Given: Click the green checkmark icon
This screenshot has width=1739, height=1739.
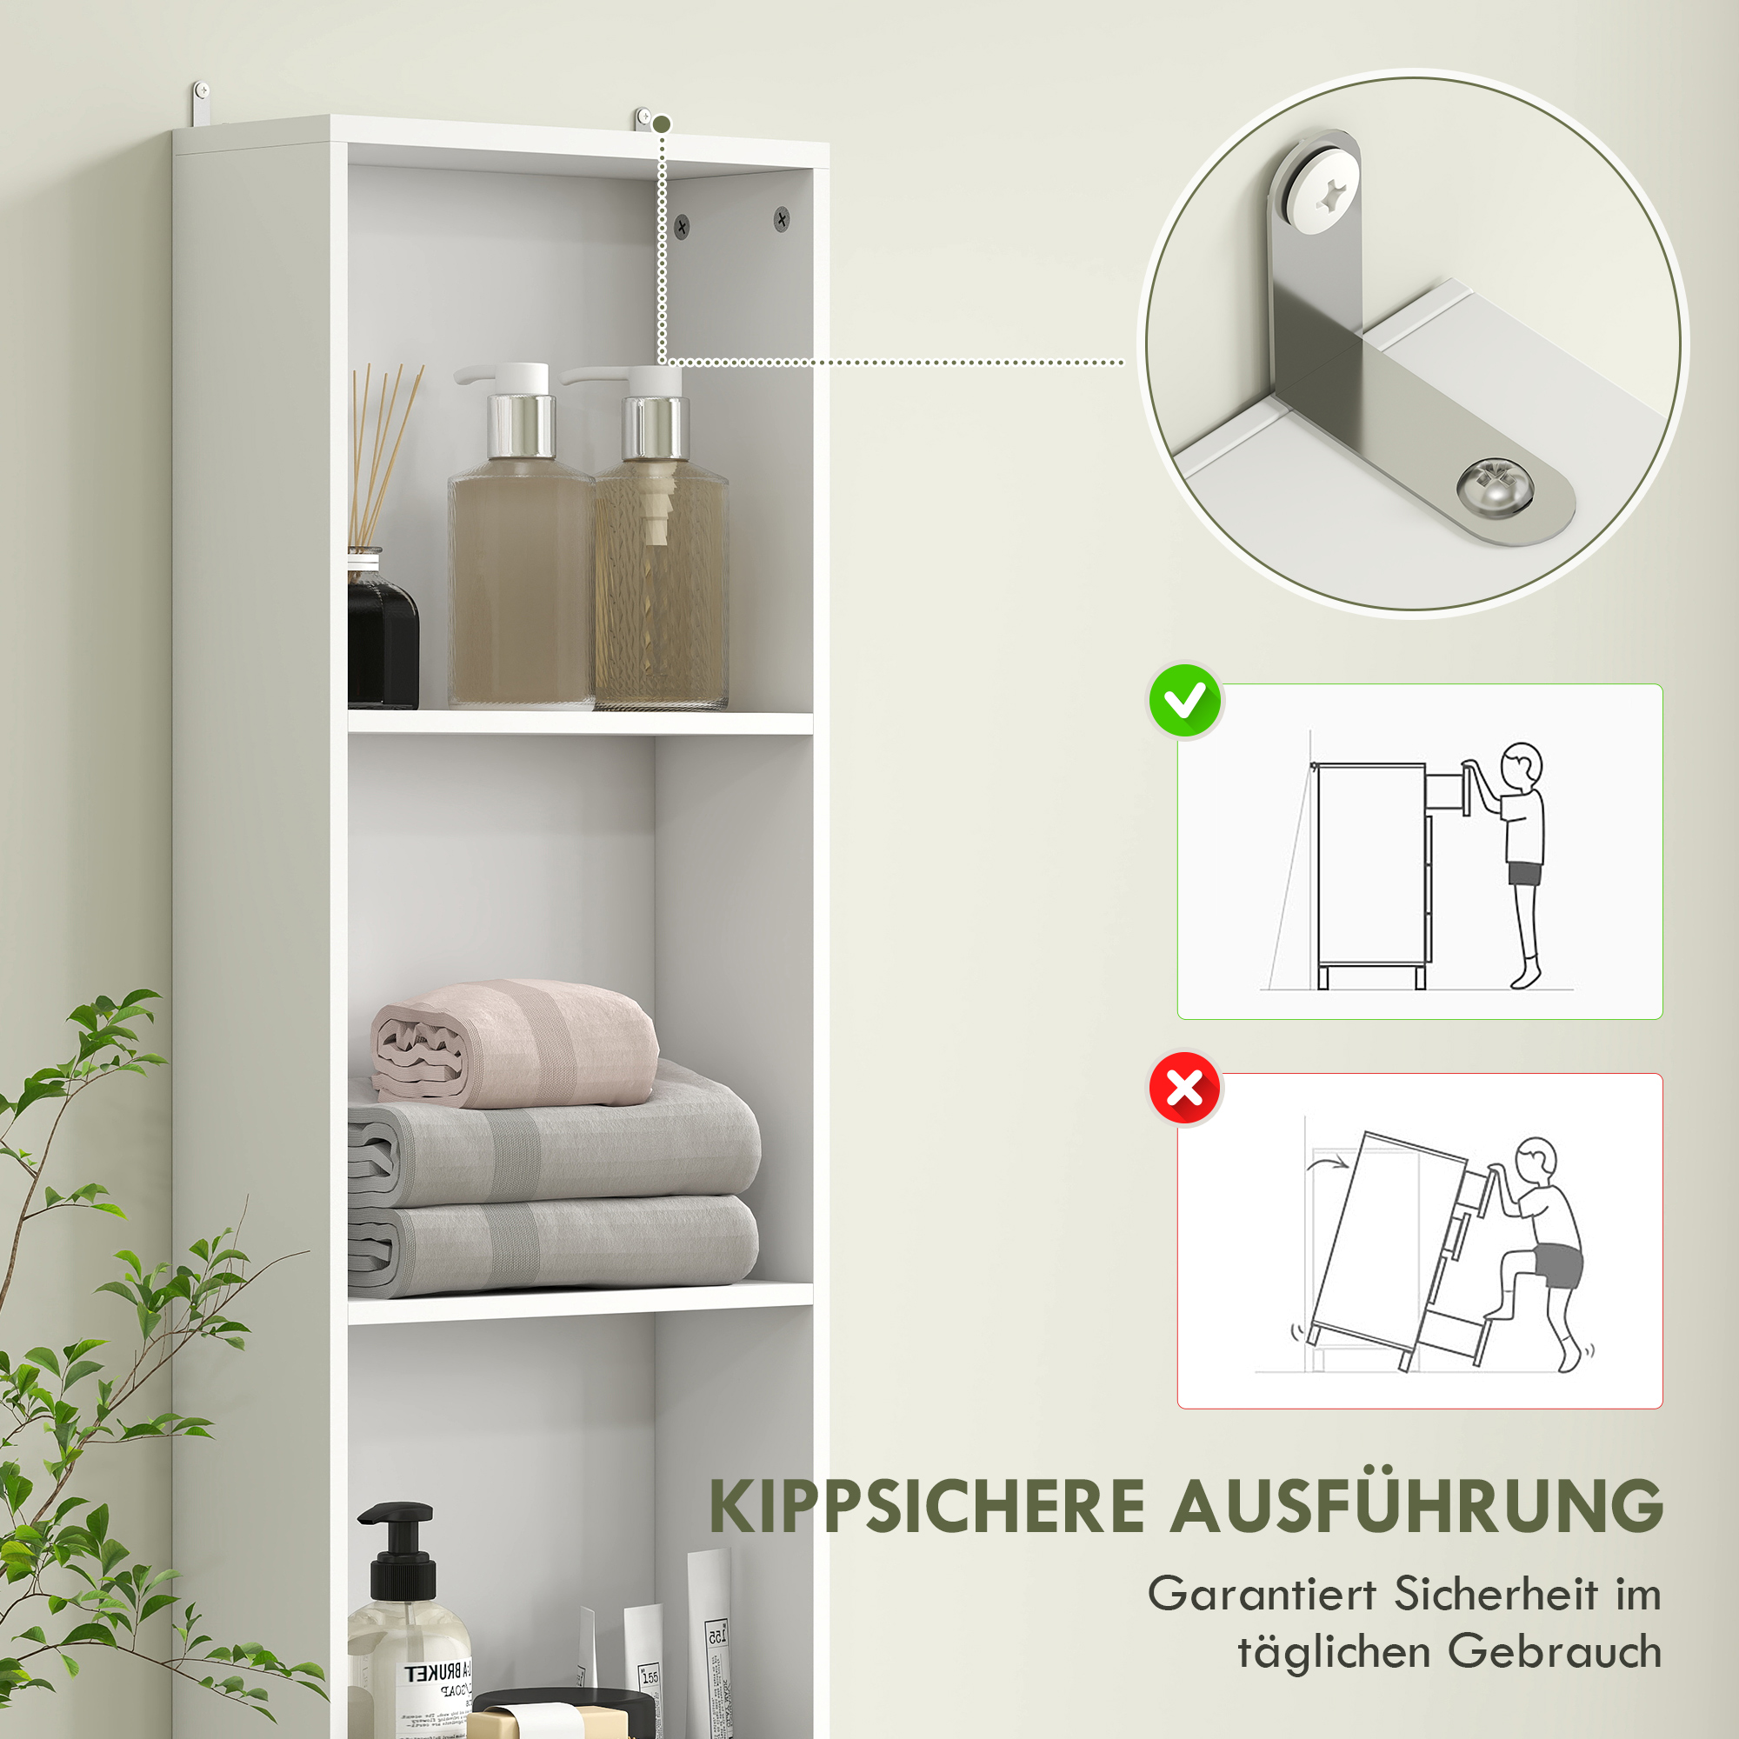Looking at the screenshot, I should (x=1184, y=701).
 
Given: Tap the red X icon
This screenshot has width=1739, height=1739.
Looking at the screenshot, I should (x=1184, y=1089).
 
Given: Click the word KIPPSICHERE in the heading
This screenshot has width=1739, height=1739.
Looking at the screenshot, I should (x=926, y=1507).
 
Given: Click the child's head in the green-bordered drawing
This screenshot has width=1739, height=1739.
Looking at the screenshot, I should (x=1521, y=767).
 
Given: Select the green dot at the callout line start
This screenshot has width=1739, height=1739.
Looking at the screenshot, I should (x=663, y=123).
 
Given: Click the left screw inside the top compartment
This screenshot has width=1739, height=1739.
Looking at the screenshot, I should (x=682, y=226).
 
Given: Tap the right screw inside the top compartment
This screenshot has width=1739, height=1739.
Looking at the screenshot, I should (x=782, y=218).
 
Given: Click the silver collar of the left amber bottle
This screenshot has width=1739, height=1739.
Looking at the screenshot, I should (x=520, y=424).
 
